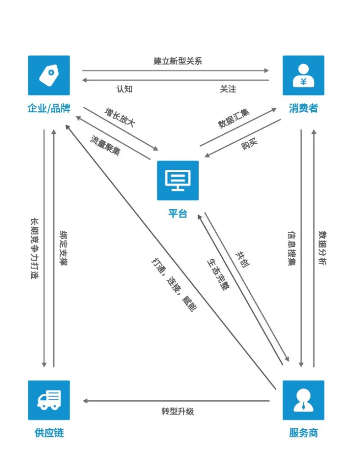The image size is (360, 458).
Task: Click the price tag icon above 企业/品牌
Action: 49,76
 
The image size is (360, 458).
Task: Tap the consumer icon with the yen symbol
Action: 303,76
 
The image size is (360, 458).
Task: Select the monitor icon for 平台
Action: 178,180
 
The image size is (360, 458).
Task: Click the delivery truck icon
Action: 49,400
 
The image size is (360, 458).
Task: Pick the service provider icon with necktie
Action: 303,400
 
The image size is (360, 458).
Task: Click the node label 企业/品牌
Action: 49,109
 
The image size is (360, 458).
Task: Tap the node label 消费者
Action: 303,109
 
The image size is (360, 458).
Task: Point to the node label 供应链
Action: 49,433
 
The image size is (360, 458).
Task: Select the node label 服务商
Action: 303,433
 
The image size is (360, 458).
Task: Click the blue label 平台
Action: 178,213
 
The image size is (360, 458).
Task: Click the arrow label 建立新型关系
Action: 178,61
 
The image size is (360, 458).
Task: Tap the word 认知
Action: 125,89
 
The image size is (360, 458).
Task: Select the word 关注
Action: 228,89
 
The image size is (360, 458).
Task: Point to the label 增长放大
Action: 120,118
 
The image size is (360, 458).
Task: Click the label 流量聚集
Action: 105,145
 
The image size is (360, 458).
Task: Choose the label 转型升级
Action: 178,411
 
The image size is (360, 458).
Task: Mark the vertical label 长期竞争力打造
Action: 34,248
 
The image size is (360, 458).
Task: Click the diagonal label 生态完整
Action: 218,274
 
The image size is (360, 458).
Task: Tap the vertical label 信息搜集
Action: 292,248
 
